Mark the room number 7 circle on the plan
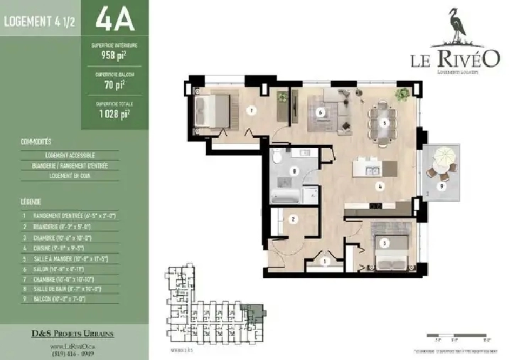pyautogui.click(x=250, y=110)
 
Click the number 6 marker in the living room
pyautogui.click(x=321, y=112)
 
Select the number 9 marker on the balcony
pyautogui.click(x=442, y=186)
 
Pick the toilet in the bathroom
pyautogui.click(x=275, y=157)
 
